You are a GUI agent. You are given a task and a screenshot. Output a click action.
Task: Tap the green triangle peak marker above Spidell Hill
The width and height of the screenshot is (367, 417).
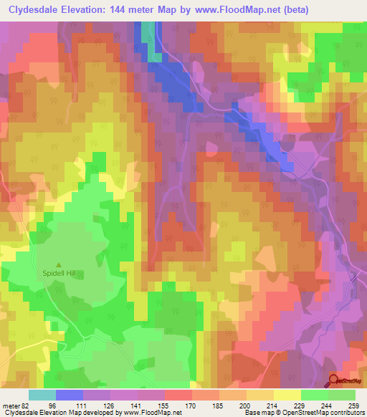(59, 265)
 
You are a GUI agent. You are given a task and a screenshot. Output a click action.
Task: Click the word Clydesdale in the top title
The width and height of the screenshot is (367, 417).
(37, 9)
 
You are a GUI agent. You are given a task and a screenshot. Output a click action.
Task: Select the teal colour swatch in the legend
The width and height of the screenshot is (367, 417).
(42, 394)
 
